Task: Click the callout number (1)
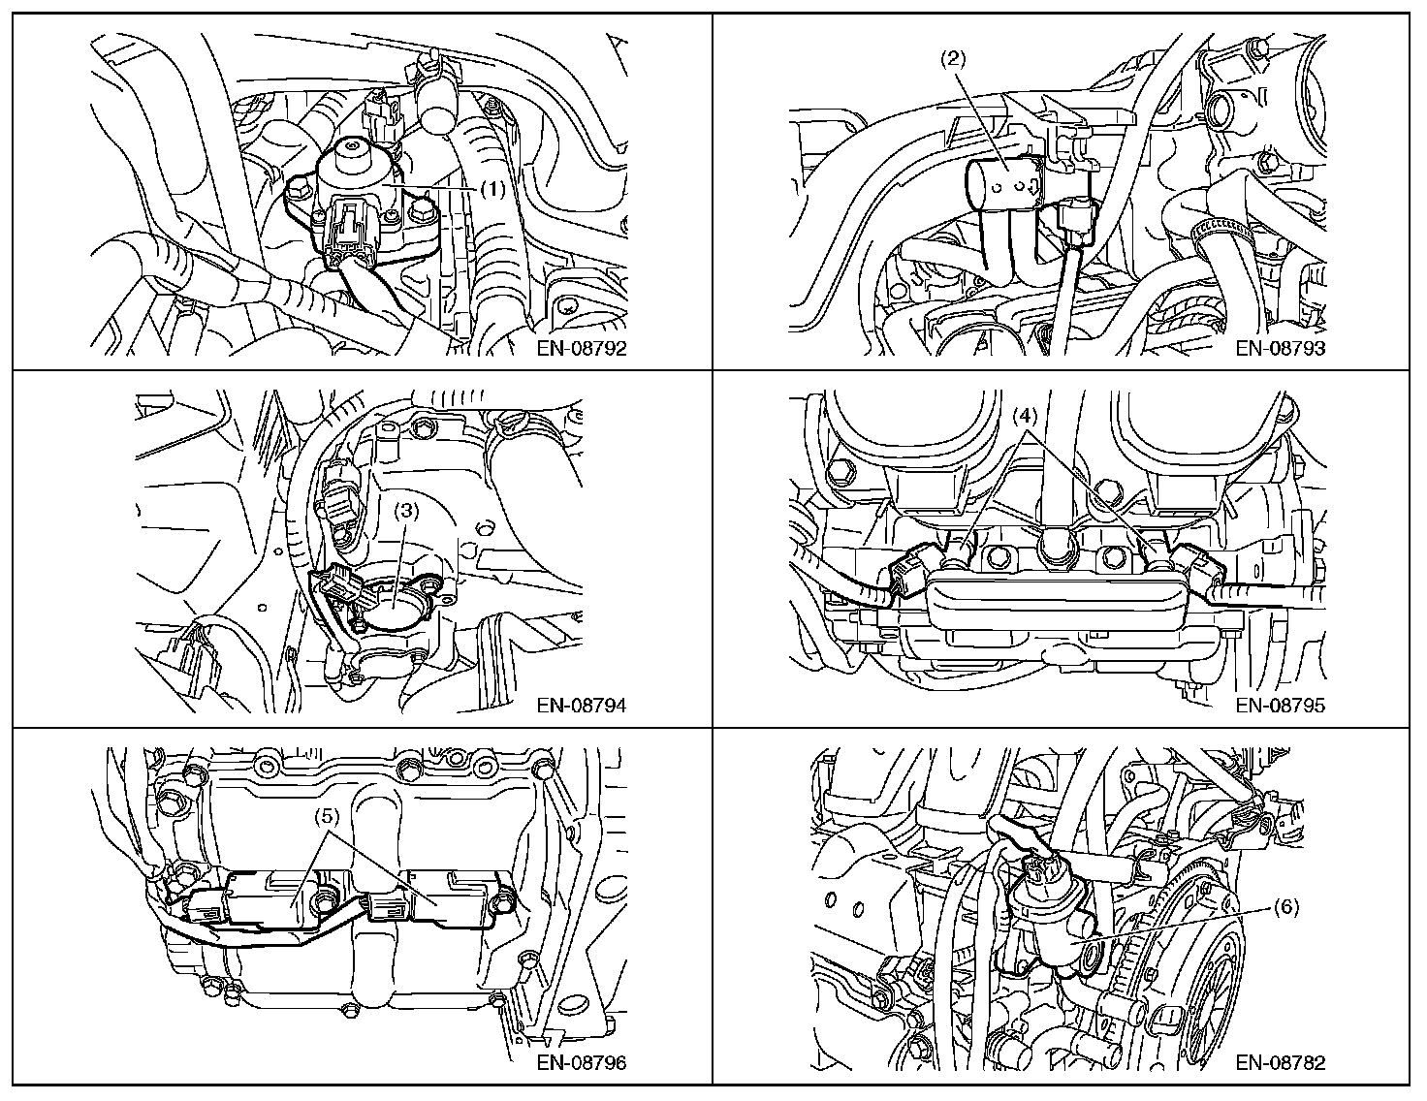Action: pyautogui.click(x=492, y=190)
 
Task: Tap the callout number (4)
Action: pyautogui.click(x=1026, y=418)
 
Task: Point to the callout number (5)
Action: pyautogui.click(x=327, y=815)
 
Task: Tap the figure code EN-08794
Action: pyautogui.click(x=582, y=706)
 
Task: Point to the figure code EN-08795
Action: pyautogui.click(x=1280, y=706)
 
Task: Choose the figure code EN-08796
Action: pyautogui.click(x=582, y=1062)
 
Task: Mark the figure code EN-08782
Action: pyautogui.click(x=1280, y=1062)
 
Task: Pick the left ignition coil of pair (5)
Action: pyautogui.click(x=267, y=896)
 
